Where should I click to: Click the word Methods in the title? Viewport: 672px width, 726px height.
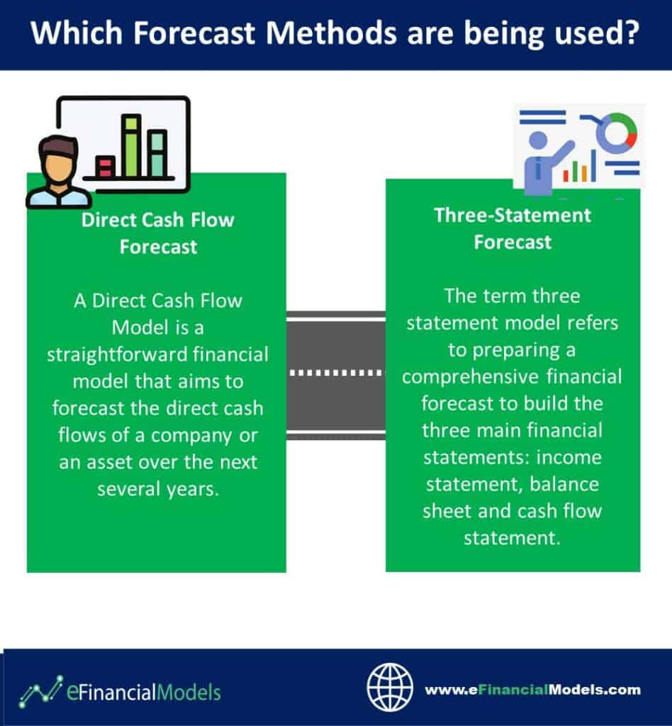331,33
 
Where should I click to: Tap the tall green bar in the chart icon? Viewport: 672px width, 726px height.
131,145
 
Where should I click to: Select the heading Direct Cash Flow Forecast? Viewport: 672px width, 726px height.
158,233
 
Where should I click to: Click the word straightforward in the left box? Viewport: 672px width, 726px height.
117,354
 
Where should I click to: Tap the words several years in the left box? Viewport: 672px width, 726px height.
158,489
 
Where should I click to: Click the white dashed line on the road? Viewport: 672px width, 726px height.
336,372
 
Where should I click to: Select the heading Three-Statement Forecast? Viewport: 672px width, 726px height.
513,229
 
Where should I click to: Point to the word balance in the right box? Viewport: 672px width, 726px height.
564,484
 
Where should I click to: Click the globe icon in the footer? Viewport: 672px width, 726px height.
390,687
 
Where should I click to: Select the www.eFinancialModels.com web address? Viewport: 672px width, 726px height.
532,690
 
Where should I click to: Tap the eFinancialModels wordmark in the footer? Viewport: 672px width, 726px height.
144,692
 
